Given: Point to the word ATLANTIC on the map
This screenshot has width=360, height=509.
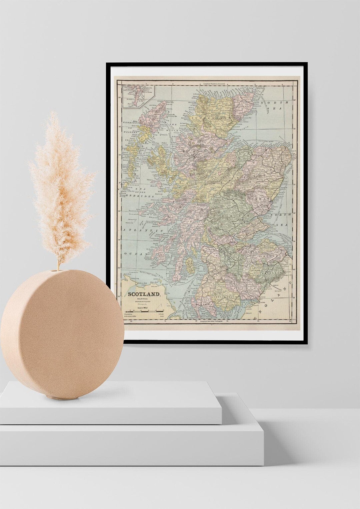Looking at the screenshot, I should click(143, 231).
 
